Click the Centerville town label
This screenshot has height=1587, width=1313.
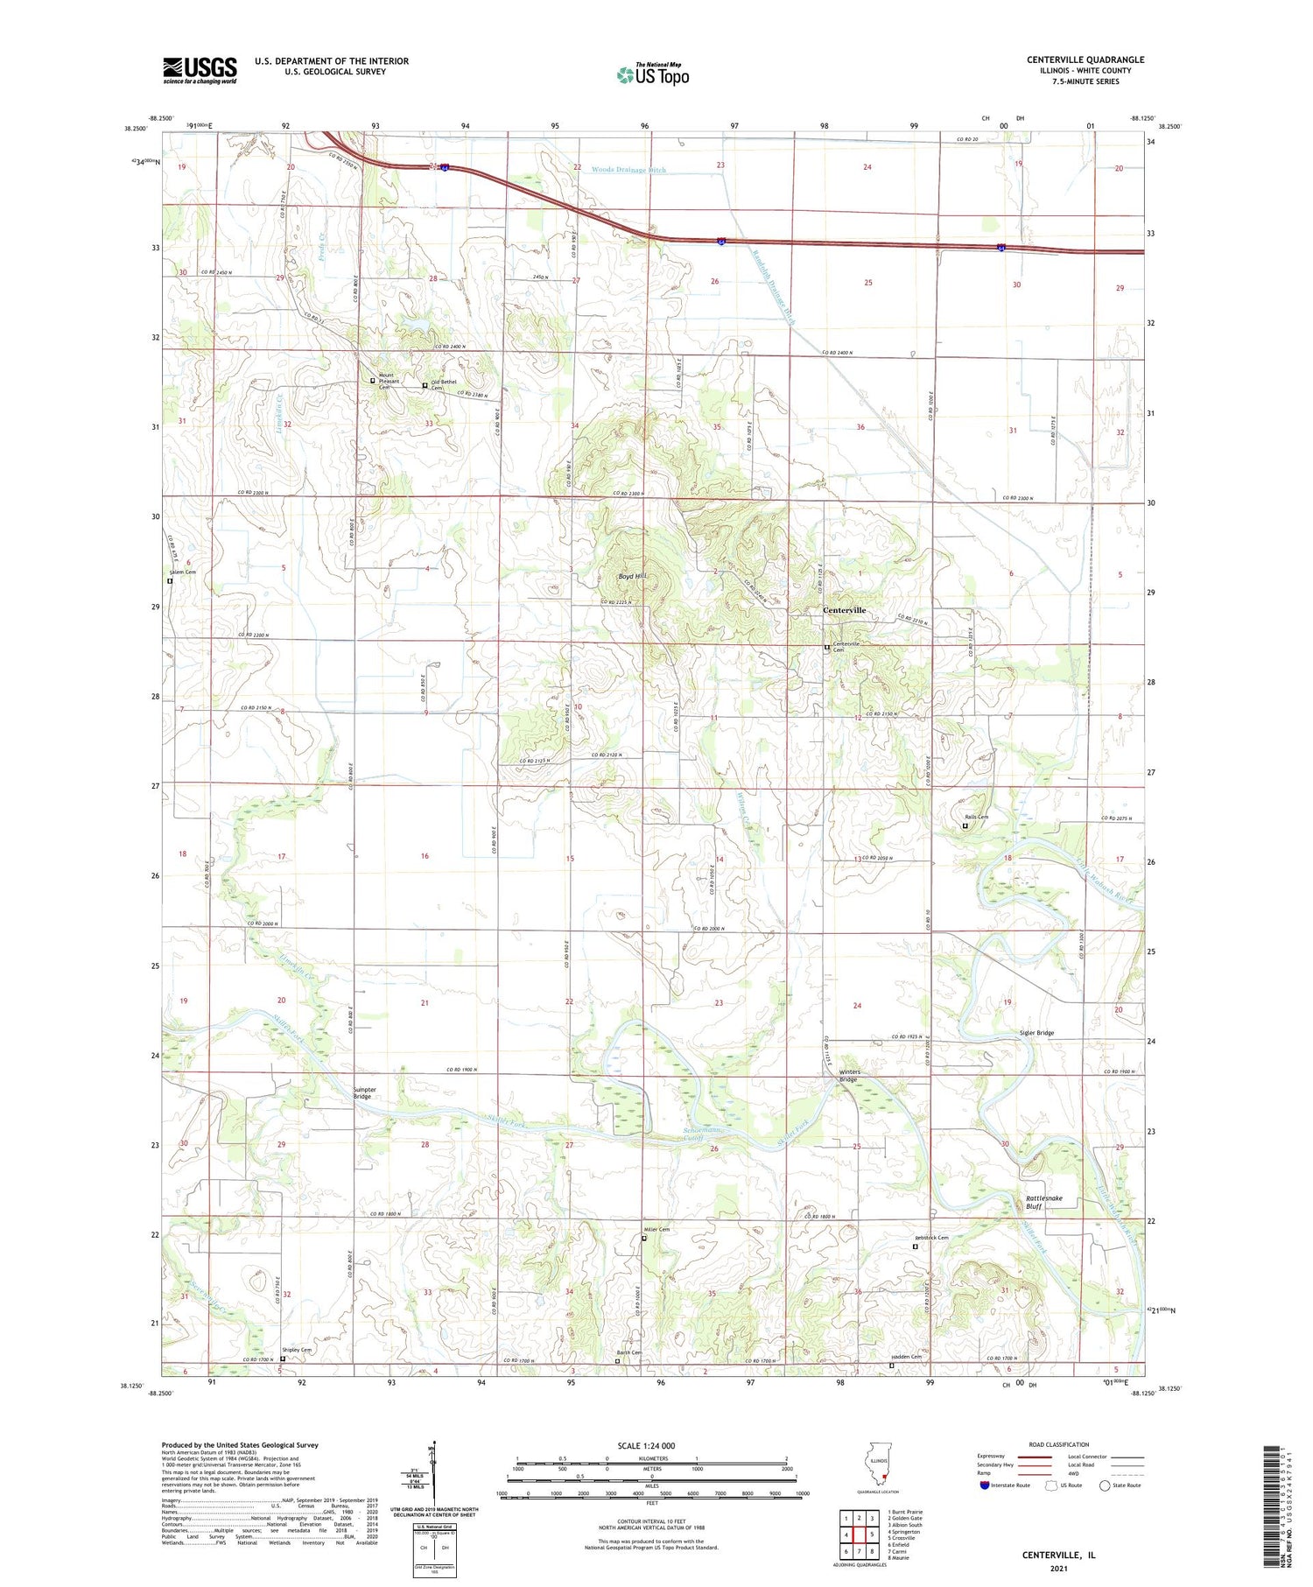[x=844, y=610]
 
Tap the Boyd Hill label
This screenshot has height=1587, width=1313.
[x=632, y=576]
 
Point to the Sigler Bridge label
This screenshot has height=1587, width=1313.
[x=1036, y=1033]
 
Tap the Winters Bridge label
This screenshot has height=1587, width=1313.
[x=849, y=1076]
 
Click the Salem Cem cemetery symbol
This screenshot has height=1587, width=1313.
[x=170, y=580]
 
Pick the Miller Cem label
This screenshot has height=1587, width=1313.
[x=656, y=1230]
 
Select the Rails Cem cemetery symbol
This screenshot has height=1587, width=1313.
[x=965, y=825]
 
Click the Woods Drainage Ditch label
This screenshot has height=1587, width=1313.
[x=628, y=170]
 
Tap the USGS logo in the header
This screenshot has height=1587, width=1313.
[x=200, y=70]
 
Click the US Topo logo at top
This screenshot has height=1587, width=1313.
[x=653, y=74]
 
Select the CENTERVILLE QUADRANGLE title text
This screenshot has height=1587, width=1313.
[x=1085, y=60]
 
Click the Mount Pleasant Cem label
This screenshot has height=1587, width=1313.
[x=389, y=381]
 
